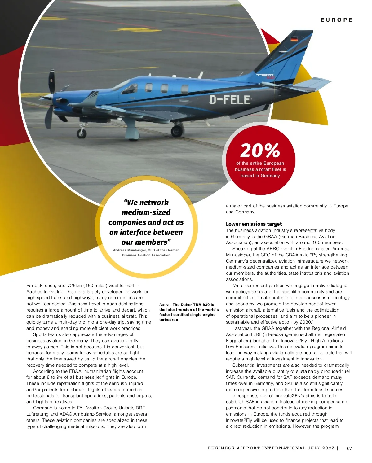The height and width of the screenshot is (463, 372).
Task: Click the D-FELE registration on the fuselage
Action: click(x=230, y=100)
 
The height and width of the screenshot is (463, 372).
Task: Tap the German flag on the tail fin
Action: click(x=294, y=39)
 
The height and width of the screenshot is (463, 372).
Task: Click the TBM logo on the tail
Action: click(x=265, y=75)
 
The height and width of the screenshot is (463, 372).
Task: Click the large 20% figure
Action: click(x=260, y=151)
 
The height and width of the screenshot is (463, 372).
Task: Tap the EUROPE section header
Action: click(x=336, y=20)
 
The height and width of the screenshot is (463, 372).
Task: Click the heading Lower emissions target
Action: click(x=254, y=224)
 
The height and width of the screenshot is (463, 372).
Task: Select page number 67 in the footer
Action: click(x=349, y=448)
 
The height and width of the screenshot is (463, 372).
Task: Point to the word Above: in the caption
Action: click(x=165, y=305)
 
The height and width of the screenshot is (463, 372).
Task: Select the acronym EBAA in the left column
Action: click(x=76, y=371)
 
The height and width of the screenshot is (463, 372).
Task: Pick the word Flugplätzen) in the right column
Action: click(x=238, y=341)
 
